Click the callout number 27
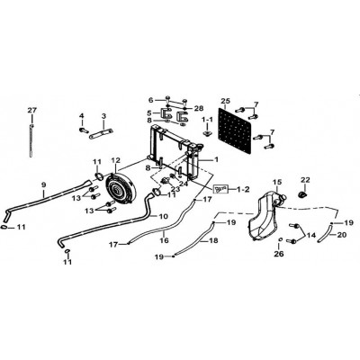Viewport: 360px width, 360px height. [x=31, y=110]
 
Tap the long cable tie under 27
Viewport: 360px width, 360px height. [x=31, y=140]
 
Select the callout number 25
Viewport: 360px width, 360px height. [x=225, y=101]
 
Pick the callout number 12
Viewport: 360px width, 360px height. [x=115, y=161]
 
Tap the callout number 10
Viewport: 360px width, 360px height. [x=164, y=216]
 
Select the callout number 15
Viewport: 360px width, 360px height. [x=277, y=182]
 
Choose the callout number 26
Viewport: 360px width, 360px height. [x=280, y=254]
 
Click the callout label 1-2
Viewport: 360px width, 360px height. [x=243, y=190]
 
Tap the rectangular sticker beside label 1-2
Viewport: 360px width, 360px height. [x=221, y=189]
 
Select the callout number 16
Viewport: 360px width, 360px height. [x=164, y=240]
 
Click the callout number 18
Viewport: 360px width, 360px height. [x=213, y=240]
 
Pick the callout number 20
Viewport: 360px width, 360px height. [x=343, y=235]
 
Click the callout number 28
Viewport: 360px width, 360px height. [x=199, y=108]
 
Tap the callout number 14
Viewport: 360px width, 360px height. [x=311, y=235]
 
